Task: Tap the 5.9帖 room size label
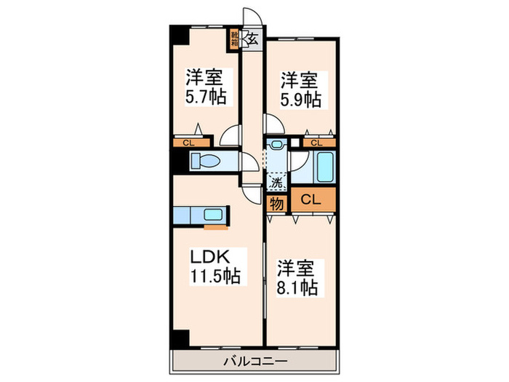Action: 301,99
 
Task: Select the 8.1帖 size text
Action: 297,287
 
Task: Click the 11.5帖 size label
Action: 216,276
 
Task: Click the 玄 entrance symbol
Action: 253,39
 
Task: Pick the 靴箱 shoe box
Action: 235,39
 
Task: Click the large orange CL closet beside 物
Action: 313,199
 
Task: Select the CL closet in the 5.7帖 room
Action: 189,143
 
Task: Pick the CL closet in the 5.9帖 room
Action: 316,143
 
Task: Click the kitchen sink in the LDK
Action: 214,215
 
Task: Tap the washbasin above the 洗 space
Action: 276,145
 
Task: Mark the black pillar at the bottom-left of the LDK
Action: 178,338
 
